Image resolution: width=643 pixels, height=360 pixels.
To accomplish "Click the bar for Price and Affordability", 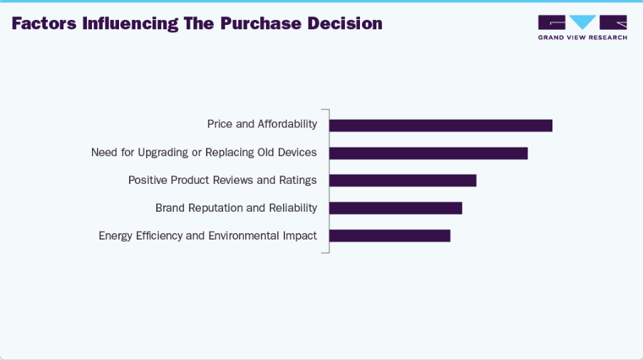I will pos(441,125).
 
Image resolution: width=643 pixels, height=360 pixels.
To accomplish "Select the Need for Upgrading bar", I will pos(428,153).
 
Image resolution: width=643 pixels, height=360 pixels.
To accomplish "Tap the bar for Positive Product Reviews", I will pos(402,180).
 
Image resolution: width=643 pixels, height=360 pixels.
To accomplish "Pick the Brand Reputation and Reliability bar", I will pos(395,208).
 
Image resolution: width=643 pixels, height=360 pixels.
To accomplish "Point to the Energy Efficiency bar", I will pos(389,235).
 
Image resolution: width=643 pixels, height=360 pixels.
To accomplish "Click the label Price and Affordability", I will pos(262,124).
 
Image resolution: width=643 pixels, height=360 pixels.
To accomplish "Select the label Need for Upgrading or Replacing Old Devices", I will pos(204,152).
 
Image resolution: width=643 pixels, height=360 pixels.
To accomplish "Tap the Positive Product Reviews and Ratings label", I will pos(222,180).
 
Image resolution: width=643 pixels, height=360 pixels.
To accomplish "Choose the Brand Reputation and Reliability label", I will pos(236,207).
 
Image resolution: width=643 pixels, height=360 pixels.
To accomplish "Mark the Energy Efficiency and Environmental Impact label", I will pos(207,235).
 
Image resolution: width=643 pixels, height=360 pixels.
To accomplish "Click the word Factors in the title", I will pos(43,24).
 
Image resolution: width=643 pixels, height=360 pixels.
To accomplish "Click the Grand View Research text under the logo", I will pos(582,37).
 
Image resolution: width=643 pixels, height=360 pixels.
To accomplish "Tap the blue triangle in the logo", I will pos(582,22).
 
